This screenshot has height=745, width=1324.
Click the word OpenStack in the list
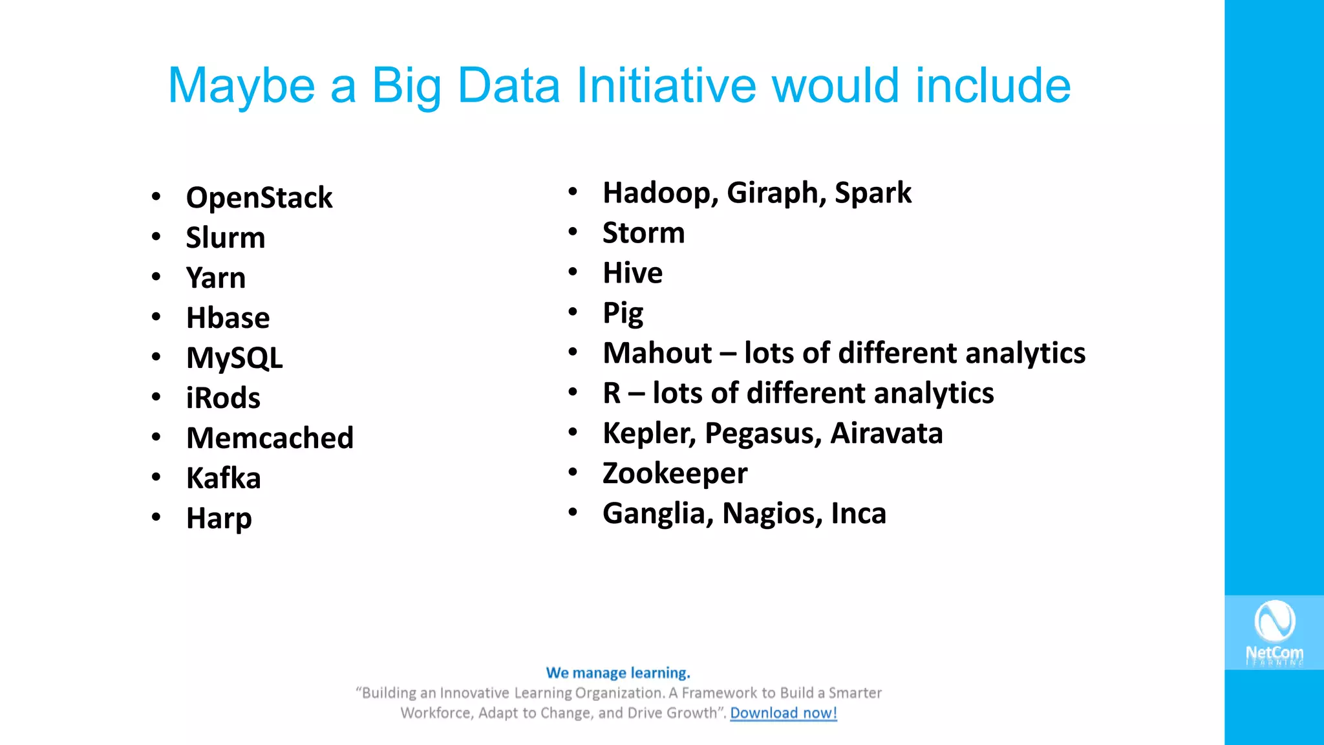(x=259, y=198)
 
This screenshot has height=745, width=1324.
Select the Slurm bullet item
(x=226, y=238)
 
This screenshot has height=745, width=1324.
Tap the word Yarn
(x=216, y=278)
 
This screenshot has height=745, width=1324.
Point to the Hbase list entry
(x=228, y=318)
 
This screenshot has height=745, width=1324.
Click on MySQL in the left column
(x=234, y=358)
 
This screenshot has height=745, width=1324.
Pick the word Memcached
(x=270, y=438)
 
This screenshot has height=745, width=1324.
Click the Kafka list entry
(x=223, y=479)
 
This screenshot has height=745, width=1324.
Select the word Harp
(x=219, y=519)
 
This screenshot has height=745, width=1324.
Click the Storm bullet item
(x=643, y=233)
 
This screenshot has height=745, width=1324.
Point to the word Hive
(x=632, y=274)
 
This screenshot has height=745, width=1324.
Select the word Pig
(x=623, y=314)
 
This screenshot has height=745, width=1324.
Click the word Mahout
(x=657, y=354)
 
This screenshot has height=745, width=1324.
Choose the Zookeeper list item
(x=674, y=474)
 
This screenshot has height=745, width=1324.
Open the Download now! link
(x=783, y=713)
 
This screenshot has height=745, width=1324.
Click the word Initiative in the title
(x=666, y=85)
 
